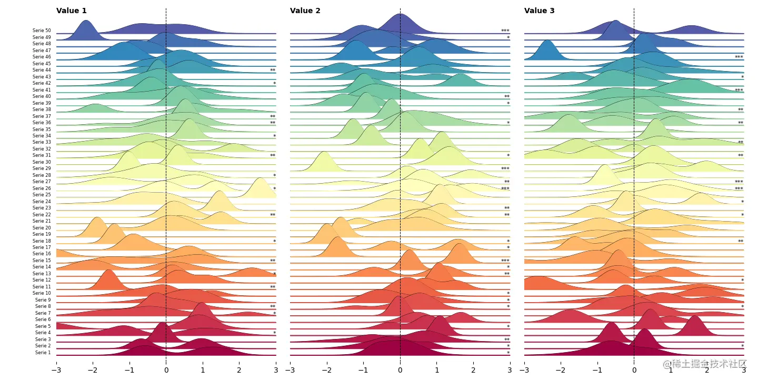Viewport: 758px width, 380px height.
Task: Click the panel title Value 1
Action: (x=72, y=11)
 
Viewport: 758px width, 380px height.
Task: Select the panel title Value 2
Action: (x=305, y=11)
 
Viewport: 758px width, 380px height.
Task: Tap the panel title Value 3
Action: (x=540, y=11)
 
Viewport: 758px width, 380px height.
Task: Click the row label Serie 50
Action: (x=42, y=31)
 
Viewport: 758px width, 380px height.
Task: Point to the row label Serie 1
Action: (x=43, y=353)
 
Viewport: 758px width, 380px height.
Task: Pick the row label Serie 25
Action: (x=42, y=195)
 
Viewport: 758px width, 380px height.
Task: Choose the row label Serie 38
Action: (x=42, y=109)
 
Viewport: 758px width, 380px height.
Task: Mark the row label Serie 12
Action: (x=42, y=280)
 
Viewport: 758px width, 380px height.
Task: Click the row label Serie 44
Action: (x=42, y=70)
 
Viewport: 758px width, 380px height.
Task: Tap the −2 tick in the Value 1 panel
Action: (x=93, y=370)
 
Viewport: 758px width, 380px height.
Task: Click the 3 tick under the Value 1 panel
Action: (x=276, y=370)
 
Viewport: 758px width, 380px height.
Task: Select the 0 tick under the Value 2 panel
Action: (x=400, y=370)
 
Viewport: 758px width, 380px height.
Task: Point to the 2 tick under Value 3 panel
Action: (x=707, y=370)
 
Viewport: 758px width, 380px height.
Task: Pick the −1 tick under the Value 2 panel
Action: (x=363, y=370)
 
